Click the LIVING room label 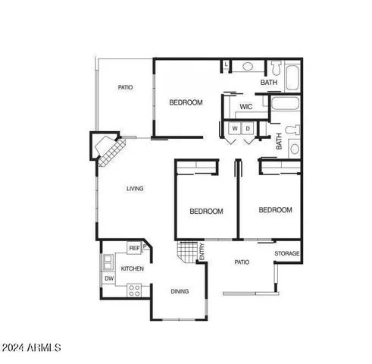pyautogui.click(x=135, y=189)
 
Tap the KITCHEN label pyautogui.click(x=133, y=269)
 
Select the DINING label pyautogui.click(x=180, y=291)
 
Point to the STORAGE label pyautogui.click(x=287, y=253)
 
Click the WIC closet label pyautogui.click(x=245, y=107)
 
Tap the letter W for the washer pyautogui.click(x=235, y=130)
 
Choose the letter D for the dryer pyautogui.click(x=247, y=130)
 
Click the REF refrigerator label pyautogui.click(x=134, y=249)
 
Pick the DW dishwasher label pyautogui.click(x=109, y=279)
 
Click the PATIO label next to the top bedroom pyautogui.click(x=126, y=88)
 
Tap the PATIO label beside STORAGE pyautogui.click(x=241, y=262)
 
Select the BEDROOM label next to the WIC pyautogui.click(x=186, y=102)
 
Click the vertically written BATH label pyautogui.click(x=279, y=142)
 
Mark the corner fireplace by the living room pyautogui.click(x=107, y=149)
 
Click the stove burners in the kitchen pyautogui.click(x=134, y=289)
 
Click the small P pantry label pyautogui.click(x=145, y=246)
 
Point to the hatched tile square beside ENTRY pyautogui.click(x=186, y=251)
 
